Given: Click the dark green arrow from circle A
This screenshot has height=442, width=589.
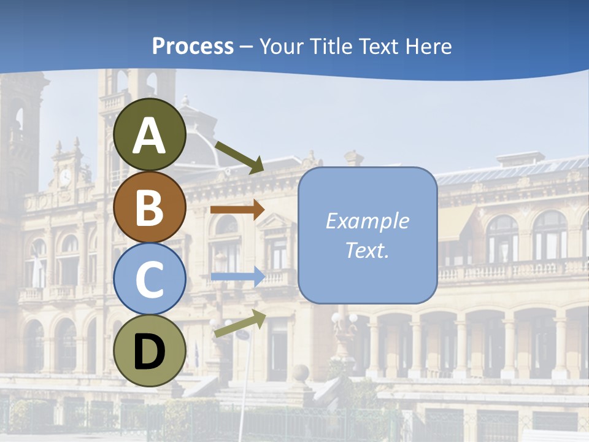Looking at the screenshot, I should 240,157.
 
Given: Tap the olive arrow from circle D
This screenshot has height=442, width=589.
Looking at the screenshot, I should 240,324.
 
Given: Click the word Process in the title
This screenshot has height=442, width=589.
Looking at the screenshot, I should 193,46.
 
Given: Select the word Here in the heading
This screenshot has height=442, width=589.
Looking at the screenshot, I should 428,46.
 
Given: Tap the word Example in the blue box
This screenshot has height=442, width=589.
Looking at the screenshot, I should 367,221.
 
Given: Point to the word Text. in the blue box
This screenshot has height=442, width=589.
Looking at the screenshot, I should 367,250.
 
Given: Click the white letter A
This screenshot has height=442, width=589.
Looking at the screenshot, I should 150,136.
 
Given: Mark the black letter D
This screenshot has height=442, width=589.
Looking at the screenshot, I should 150,352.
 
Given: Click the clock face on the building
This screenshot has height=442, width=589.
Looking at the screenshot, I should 65,178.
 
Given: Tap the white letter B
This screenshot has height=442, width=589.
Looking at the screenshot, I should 150,207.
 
